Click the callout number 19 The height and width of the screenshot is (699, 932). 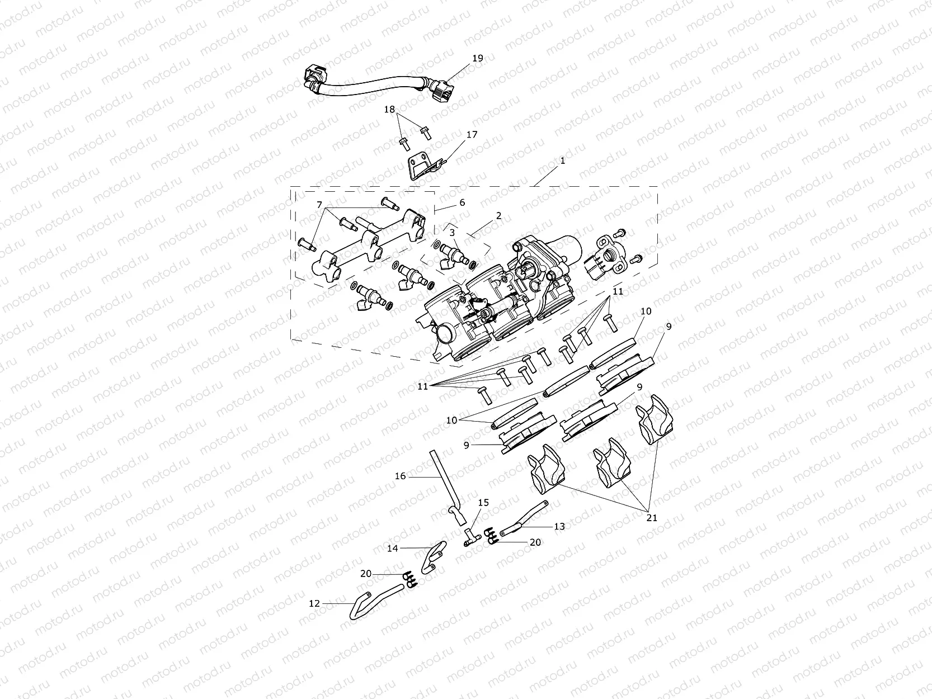(477, 58)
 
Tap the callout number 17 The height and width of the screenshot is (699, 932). (472, 135)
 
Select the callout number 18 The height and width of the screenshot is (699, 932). (389, 110)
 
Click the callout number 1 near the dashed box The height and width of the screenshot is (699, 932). (562, 160)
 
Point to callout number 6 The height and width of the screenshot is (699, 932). (462, 203)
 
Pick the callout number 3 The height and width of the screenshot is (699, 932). (452, 232)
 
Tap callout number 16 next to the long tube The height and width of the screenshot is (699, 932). (401, 476)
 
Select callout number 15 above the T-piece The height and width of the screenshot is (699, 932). (483, 503)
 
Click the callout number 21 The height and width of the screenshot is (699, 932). (652, 518)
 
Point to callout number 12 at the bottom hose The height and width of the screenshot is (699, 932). (314, 603)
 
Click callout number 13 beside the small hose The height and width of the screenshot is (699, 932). (559, 526)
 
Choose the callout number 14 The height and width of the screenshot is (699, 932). (393, 549)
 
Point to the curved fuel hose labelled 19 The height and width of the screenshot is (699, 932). (369, 85)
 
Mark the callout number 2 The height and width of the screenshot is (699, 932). (498, 215)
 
